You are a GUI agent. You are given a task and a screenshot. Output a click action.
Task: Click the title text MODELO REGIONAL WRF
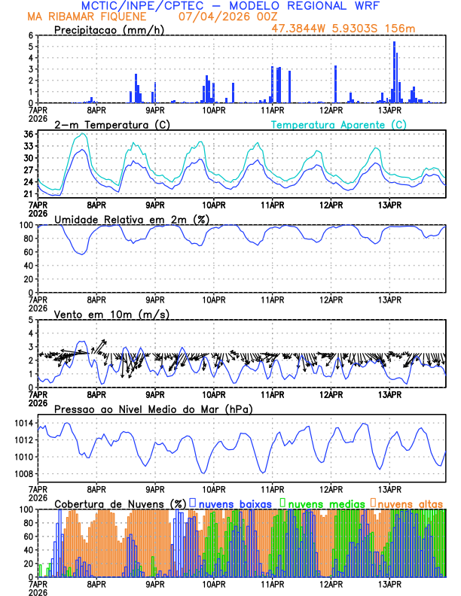point(302,5)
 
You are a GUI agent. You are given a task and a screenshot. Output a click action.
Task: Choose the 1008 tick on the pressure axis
point(22,473)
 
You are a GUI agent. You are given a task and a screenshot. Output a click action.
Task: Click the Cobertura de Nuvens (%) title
point(121,503)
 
